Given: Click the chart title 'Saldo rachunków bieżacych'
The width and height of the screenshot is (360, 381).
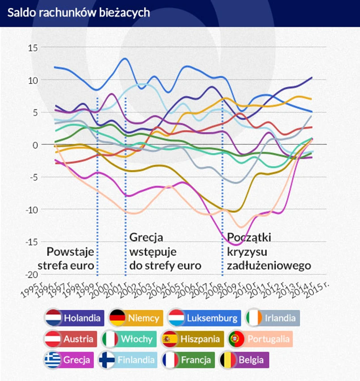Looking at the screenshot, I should [78, 13].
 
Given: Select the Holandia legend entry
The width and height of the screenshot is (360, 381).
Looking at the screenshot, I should [75, 318].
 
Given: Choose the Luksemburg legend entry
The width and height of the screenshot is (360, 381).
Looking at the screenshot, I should [204, 318].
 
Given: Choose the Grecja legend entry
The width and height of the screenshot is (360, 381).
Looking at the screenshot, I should [69, 360].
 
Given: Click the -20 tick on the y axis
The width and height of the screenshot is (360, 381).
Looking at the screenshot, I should [33, 274].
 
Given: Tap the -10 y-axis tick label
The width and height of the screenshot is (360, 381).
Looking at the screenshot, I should [33, 209].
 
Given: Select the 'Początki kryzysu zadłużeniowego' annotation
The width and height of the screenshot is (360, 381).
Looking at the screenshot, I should [268, 251].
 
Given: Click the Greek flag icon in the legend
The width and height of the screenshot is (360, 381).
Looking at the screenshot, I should [53, 360].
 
